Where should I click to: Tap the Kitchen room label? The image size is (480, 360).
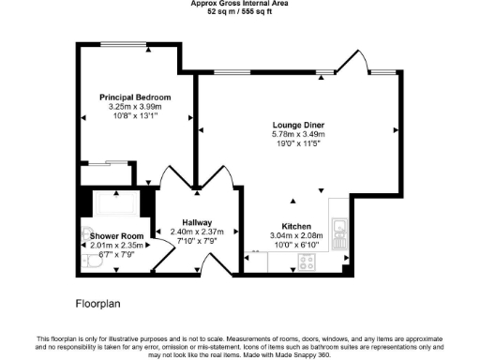pyautogui.click(x=296, y=226)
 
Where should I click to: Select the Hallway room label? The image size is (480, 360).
pyautogui.click(x=198, y=222)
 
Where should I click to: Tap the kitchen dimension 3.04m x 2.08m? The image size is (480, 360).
pyautogui.click(x=296, y=235)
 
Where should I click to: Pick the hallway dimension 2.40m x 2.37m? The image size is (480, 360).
pyautogui.click(x=198, y=232)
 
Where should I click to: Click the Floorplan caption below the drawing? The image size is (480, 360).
pyautogui.click(x=97, y=304)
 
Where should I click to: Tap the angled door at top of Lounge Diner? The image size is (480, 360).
pyautogui.click(x=350, y=61)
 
